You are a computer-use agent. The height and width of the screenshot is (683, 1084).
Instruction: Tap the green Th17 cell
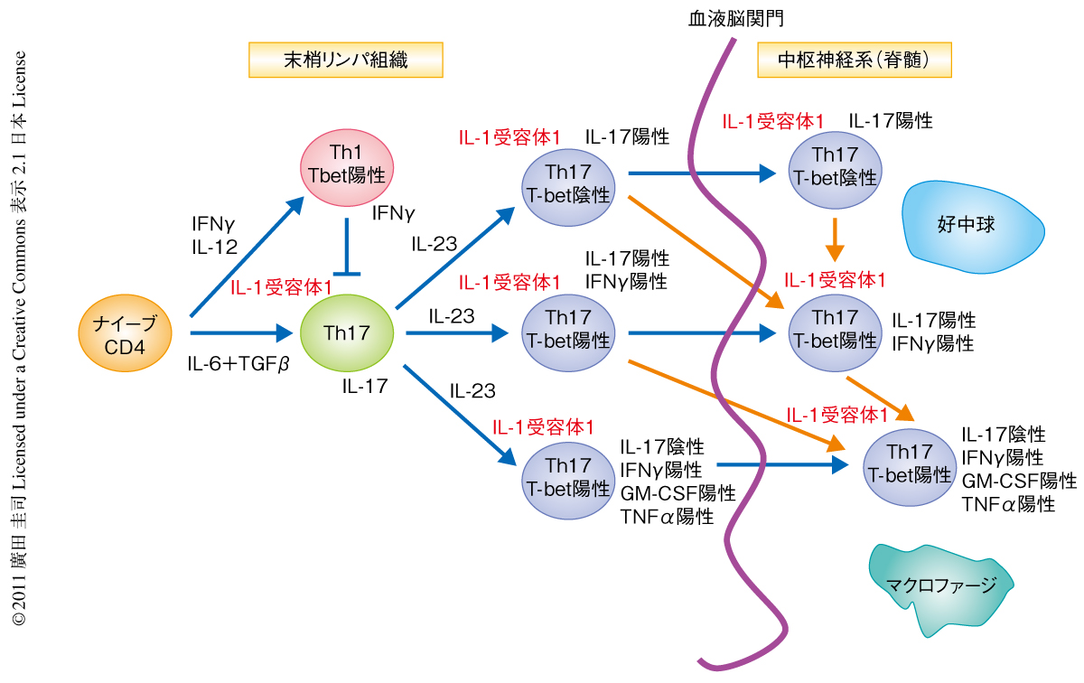(347, 332)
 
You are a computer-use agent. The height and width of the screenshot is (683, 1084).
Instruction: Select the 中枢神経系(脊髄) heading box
(854, 61)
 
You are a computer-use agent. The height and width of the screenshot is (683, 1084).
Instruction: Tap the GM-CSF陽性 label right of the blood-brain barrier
(1018, 481)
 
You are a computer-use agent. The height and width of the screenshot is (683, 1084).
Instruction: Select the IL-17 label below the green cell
(365, 387)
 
